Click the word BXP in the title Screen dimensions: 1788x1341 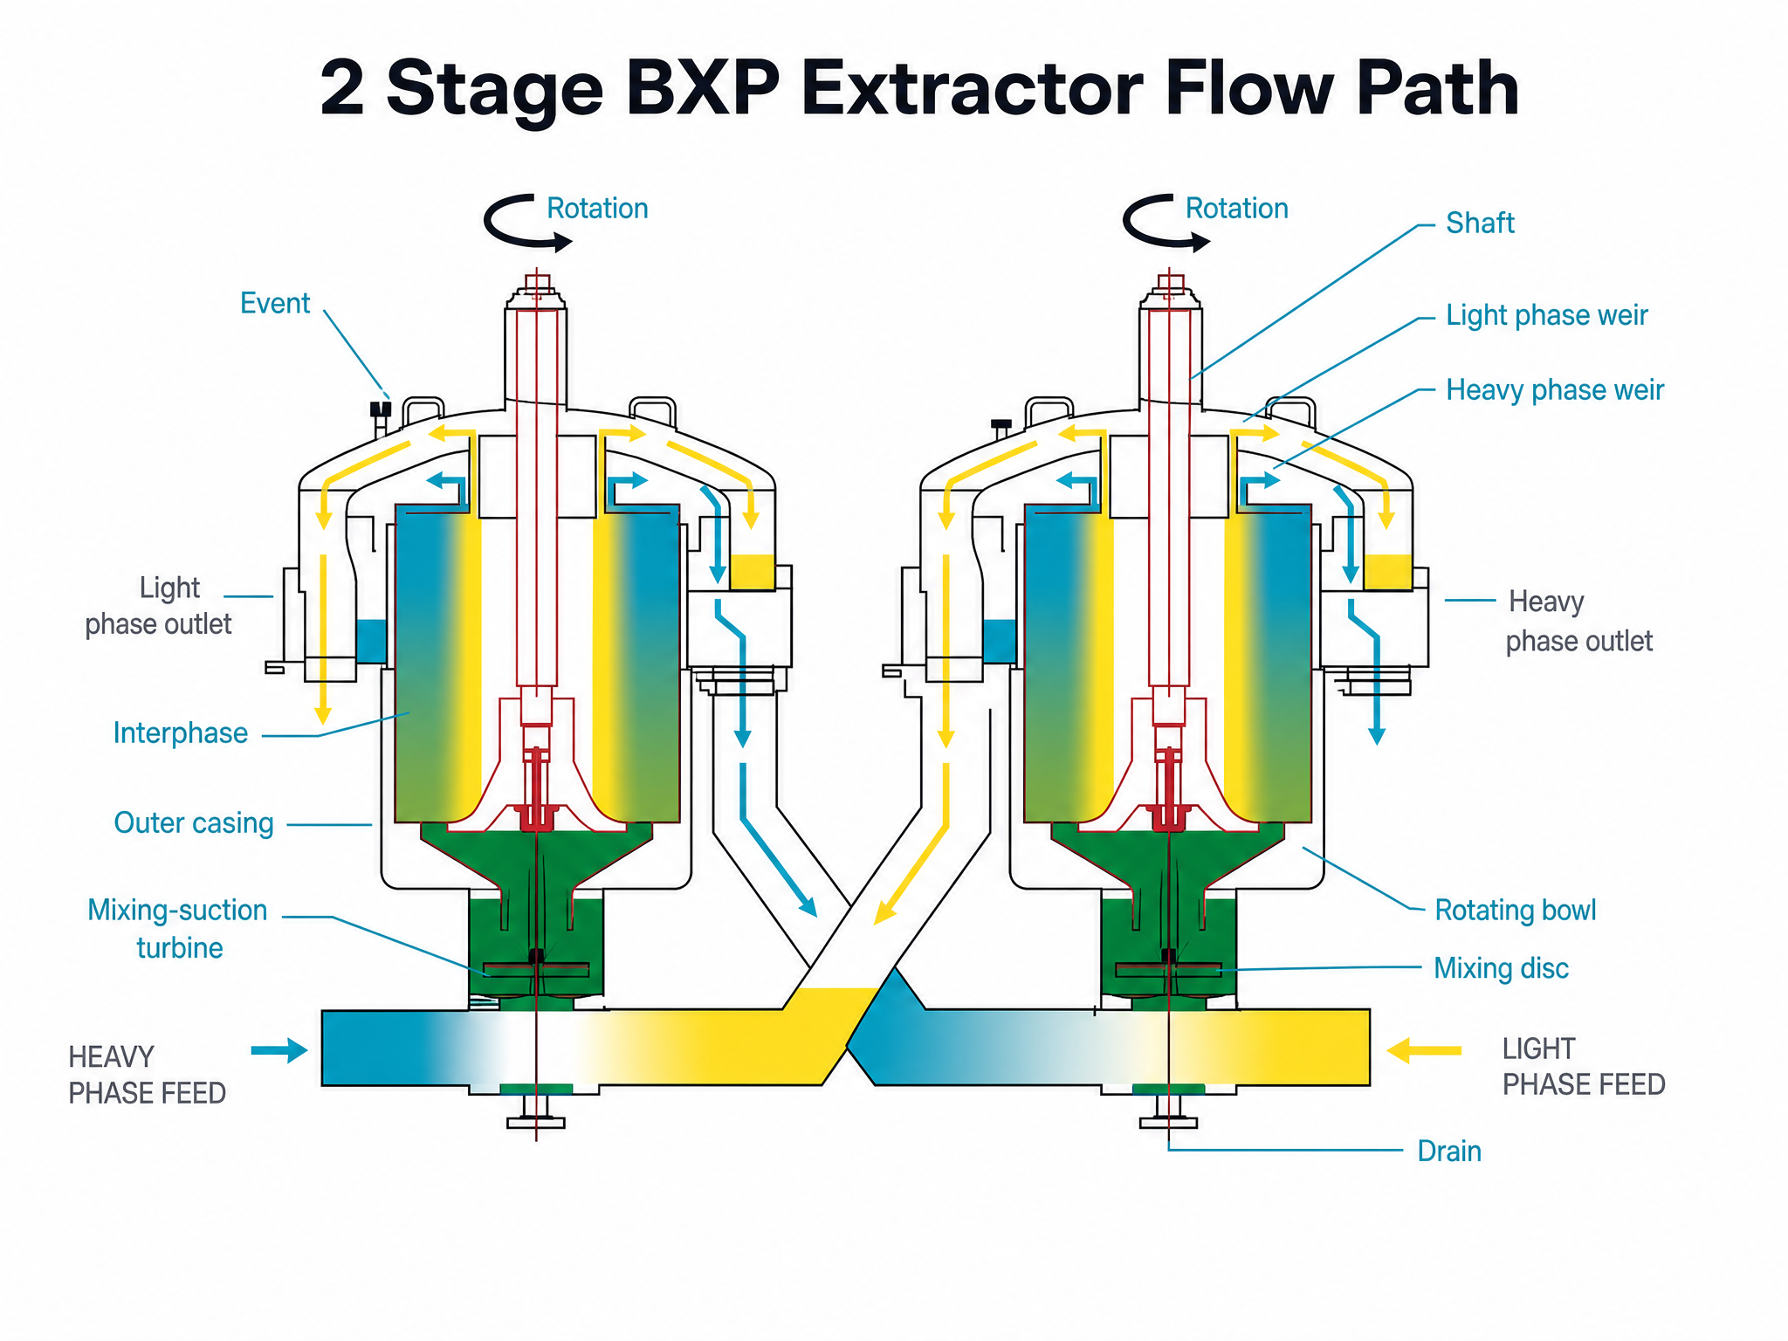[703, 88]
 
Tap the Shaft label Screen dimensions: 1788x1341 [1480, 223]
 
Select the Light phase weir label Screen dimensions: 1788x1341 [1547, 315]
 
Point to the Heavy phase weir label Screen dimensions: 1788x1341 [1555, 390]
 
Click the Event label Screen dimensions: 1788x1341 [275, 304]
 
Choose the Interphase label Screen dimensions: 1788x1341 [181, 733]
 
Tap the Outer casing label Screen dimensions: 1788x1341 [194, 823]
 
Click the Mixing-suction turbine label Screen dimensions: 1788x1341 [177, 929]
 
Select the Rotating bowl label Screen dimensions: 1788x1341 [1516, 911]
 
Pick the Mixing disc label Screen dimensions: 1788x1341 [1501, 969]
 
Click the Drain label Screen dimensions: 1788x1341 [1449, 1152]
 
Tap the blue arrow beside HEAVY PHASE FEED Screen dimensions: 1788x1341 [279, 1050]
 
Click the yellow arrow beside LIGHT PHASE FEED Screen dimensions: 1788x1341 [1424, 1050]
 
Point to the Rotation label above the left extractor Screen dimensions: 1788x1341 [597, 209]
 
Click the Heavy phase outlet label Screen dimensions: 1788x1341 [1579, 622]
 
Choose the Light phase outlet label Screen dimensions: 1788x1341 [158, 606]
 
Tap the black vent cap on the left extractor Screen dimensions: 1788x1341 [381, 409]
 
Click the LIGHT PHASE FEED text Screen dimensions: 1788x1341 [1584, 1067]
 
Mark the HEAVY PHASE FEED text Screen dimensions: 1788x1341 [147, 1076]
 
